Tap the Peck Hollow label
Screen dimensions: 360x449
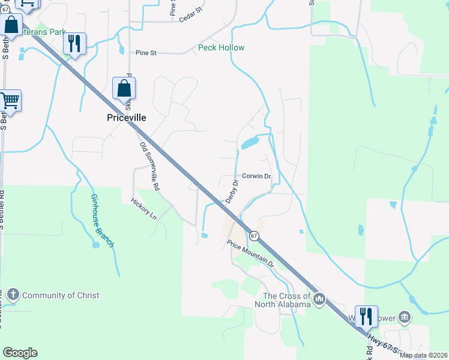point(221,47)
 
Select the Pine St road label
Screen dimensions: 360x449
point(145,53)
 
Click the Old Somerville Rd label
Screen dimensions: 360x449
point(149,166)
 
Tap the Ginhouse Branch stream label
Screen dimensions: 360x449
point(102,220)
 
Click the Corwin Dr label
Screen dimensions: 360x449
point(257,176)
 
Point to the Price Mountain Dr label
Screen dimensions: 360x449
point(250,254)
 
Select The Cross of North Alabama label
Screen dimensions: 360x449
point(287,299)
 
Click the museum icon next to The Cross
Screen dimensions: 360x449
point(319,298)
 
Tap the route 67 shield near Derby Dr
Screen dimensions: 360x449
point(254,236)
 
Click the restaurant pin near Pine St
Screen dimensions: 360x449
point(74,43)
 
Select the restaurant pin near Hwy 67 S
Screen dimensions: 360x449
point(366,316)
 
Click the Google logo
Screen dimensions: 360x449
point(20,353)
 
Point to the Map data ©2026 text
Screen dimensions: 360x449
point(423,355)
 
